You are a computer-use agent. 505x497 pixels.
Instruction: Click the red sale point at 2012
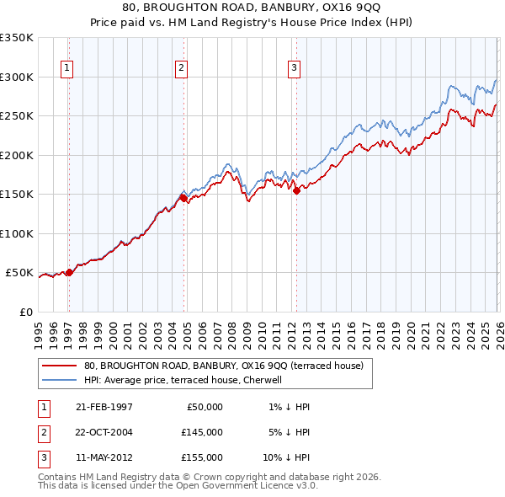pos(296,190)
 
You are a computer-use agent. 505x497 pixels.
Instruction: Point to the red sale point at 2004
pos(184,199)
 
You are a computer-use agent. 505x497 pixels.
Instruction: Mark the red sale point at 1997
pos(70,272)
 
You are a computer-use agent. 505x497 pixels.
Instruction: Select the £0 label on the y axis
pos(25,312)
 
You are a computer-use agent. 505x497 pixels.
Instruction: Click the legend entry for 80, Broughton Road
pos(223,366)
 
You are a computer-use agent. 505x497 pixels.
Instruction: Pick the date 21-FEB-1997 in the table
pos(104,407)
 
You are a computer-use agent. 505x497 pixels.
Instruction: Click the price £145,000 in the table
pos(201,432)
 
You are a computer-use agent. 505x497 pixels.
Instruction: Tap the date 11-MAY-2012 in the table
pos(104,457)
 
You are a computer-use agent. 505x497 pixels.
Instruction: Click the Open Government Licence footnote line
pos(178,485)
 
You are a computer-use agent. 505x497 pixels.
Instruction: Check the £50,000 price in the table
pos(204,407)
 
